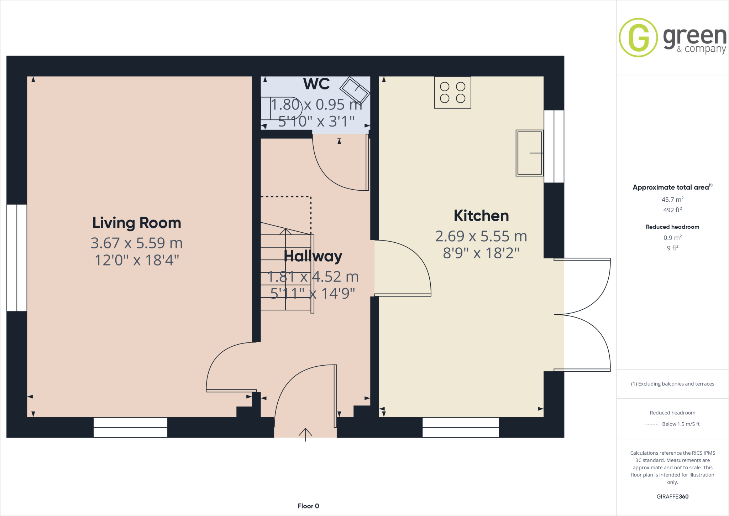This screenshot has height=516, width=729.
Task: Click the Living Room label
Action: pos(137,223)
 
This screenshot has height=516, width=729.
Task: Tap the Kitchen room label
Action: pos(481,216)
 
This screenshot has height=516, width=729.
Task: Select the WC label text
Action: pos(316,84)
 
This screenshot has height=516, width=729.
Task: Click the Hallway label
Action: pos(313,256)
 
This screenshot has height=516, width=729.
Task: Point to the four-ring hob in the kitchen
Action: pos(452,92)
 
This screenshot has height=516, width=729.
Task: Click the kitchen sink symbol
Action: pos(529,153)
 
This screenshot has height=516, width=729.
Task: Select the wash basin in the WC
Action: pos(355,90)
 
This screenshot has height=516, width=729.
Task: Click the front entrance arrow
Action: pos(305,434)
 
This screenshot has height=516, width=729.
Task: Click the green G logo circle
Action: pos(638,37)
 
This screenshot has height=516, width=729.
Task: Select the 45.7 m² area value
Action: pos(672,200)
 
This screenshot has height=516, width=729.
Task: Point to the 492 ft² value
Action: pos(672,210)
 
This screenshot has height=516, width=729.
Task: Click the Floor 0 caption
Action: pos(308,506)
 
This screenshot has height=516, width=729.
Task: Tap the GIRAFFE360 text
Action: pos(672,496)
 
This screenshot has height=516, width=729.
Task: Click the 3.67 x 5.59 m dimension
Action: pos(137,243)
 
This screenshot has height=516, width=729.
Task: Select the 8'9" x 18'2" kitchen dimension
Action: pos(481,253)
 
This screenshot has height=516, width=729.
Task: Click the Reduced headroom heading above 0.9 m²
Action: pos(672,227)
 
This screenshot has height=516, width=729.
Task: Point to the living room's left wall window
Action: pos(17,258)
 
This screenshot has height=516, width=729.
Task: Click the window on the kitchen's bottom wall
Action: pos(460,427)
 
